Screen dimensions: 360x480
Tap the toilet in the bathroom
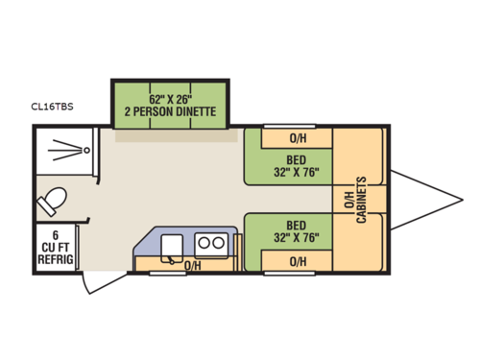point(52,202)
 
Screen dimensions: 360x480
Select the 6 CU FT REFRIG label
point(58,247)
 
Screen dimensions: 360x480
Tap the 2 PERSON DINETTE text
point(170,111)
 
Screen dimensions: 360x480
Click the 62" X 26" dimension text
point(170,98)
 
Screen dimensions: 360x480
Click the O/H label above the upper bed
point(297,135)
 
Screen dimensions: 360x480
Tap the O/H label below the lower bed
point(297,261)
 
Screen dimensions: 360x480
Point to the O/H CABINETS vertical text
point(356,199)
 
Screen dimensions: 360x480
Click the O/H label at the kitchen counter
point(193,266)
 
